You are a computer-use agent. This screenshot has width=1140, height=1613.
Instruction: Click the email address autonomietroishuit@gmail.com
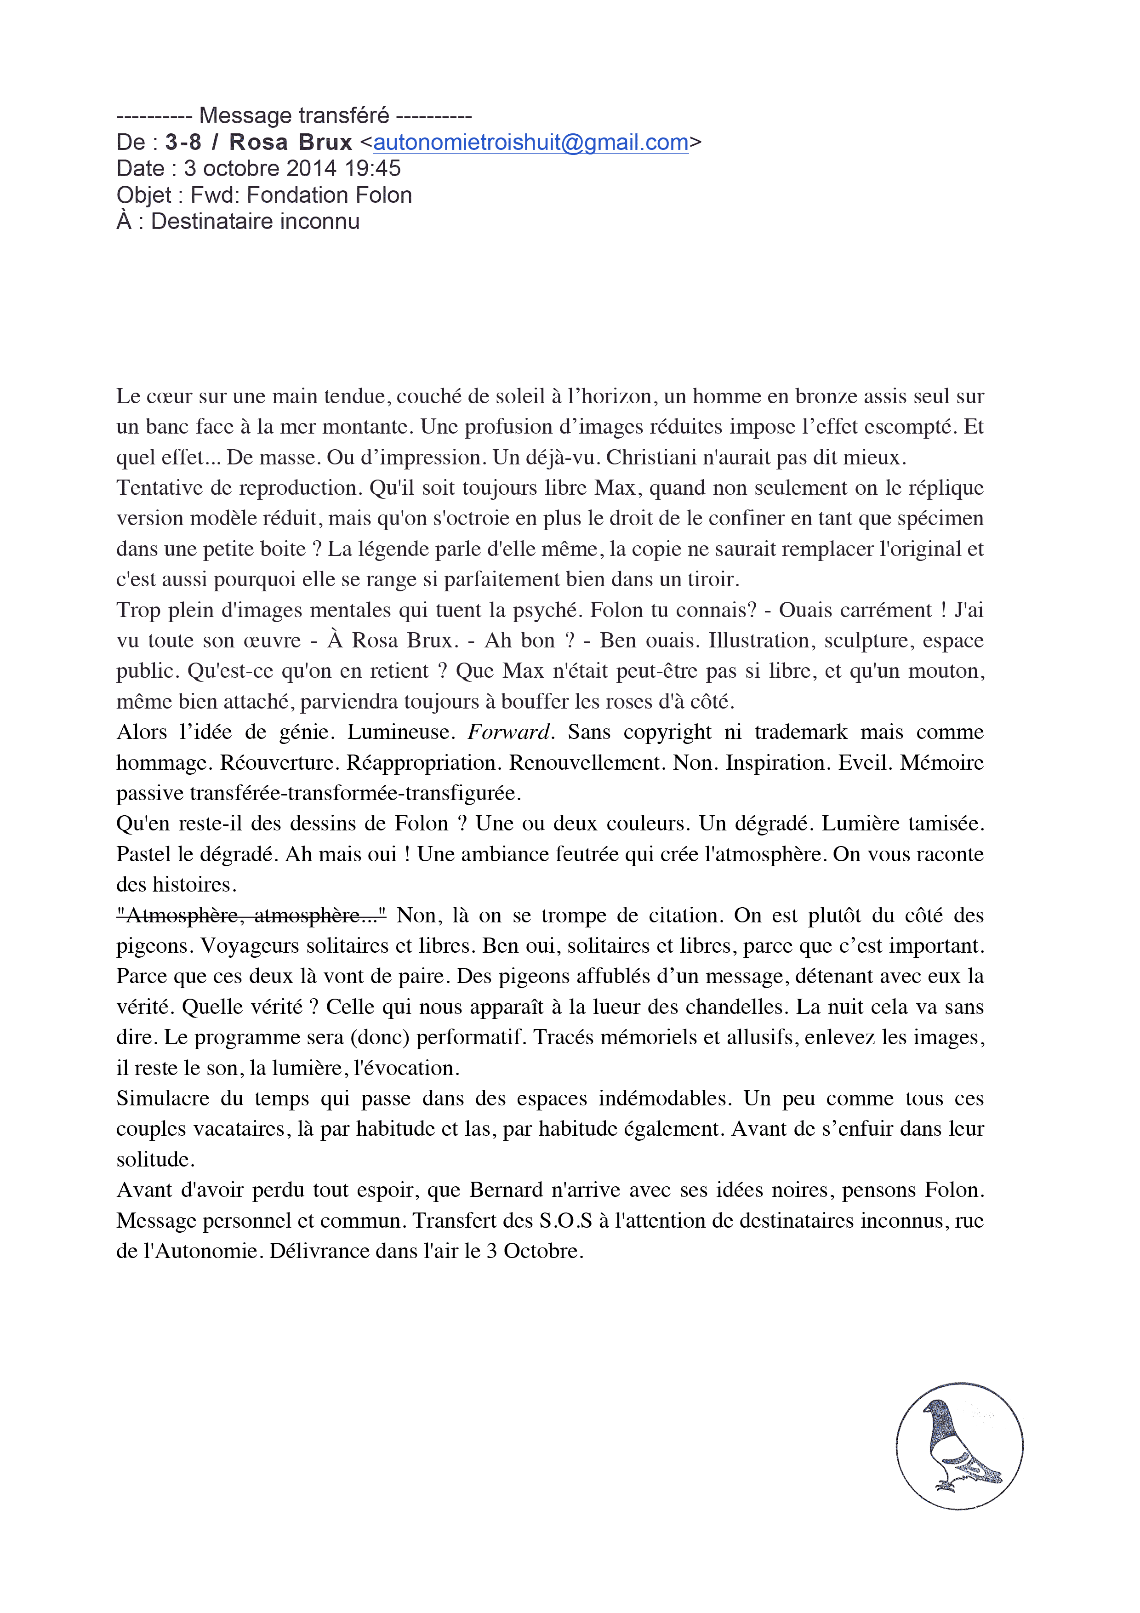pos(530,143)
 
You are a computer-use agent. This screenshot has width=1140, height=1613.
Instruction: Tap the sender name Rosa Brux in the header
pos(290,143)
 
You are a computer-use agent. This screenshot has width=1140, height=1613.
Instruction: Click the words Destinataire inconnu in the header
pos(255,221)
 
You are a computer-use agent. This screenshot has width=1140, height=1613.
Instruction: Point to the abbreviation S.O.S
pos(565,1220)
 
